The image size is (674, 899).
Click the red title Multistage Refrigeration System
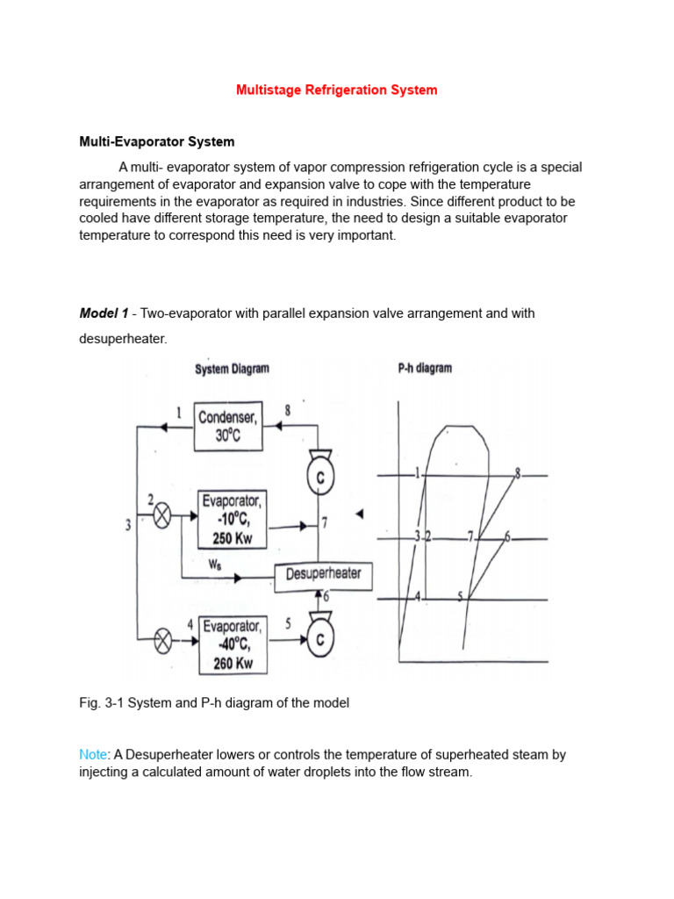336,90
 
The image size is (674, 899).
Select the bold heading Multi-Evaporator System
157,141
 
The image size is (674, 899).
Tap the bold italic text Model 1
104,313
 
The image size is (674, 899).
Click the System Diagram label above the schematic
232,370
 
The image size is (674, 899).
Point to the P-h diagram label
425,369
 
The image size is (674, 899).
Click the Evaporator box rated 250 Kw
231,520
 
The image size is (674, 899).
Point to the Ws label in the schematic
214,565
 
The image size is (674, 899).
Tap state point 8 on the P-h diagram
517,474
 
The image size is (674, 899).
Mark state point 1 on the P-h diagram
419,474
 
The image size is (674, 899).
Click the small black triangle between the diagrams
359,514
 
